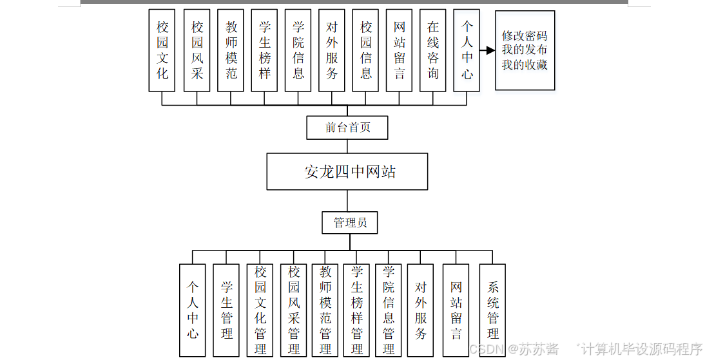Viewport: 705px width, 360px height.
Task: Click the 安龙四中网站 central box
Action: click(347, 171)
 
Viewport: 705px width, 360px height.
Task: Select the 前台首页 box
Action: click(347, 128)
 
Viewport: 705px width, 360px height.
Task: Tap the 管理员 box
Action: click(350, 223)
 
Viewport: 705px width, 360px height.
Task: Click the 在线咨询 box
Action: click(433, 50)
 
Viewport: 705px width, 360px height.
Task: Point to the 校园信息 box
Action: click(366, 50)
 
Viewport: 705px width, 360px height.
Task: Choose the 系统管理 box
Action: click(492, 310)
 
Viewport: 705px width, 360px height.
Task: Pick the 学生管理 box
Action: click(227, 310)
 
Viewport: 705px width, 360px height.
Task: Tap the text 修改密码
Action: click(525, 36)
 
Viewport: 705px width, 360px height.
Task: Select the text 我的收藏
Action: click(525, 64)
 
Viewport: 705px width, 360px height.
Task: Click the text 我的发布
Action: click(525, 50)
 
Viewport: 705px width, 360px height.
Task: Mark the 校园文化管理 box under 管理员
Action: click(260, 310)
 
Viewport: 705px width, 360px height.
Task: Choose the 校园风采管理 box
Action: click(294, 310)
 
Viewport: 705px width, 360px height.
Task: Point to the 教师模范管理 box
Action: click(325, 310)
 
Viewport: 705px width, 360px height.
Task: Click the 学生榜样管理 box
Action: click(357, 310)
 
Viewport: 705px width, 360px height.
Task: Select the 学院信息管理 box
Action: click(389, 310)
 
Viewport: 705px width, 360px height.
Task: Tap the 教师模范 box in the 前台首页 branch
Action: click(231, 50)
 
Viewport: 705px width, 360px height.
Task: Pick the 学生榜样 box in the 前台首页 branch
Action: click(265, 50)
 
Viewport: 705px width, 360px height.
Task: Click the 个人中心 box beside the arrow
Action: click(467, 50)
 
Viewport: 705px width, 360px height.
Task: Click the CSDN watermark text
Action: click(487, 349)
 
